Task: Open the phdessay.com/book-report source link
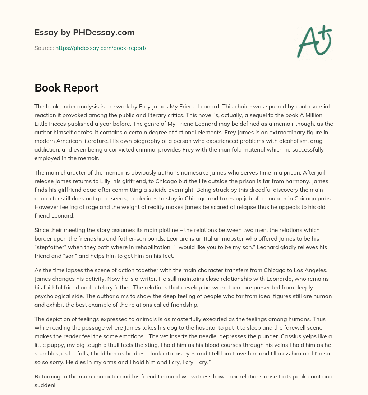coord(101,48)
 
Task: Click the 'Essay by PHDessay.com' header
coord(84,32)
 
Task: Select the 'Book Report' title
coord(66,88)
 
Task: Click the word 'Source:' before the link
coord(44,48)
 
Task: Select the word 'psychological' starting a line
coord(52,297)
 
